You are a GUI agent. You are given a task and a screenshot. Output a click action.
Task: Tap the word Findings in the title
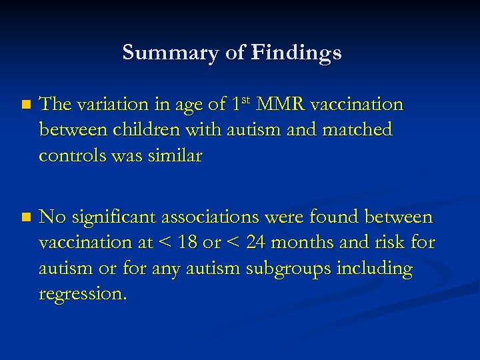(x=296, y=53)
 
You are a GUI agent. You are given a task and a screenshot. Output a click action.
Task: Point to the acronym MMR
(x=281, y=105)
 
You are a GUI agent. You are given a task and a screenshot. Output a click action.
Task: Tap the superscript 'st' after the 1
(x=247, y=101)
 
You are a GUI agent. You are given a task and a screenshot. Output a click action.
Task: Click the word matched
(x=357, y=129)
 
